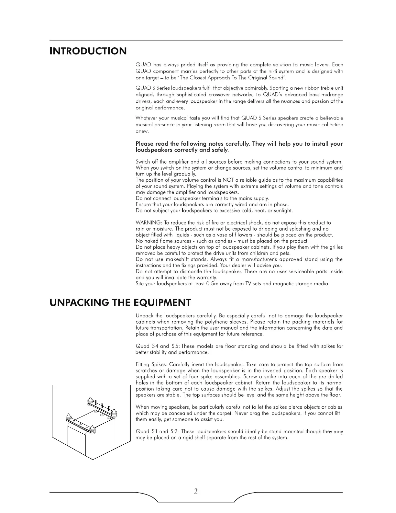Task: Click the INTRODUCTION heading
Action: tap(88, 51)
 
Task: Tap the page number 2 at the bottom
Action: tap(196, 491)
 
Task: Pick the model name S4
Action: tap(156, 346)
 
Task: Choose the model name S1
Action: tap(156, 432)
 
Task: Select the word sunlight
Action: tap(282, 211)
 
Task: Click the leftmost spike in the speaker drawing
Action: tap(68, 417)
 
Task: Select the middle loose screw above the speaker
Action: tap(102, 405)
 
